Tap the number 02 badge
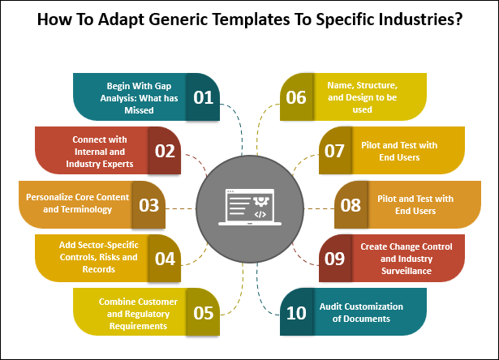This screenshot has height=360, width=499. coord(165,151)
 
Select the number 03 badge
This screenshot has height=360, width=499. coord(148,204)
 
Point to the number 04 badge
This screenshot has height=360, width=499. coord(165,259)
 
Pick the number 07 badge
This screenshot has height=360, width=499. coord(333,151)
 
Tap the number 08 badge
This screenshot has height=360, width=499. coord(350,204)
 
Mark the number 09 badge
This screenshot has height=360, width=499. coord(333,259)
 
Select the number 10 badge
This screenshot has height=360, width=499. coord(296,313)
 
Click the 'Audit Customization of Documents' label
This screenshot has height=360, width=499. coord(361,313)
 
